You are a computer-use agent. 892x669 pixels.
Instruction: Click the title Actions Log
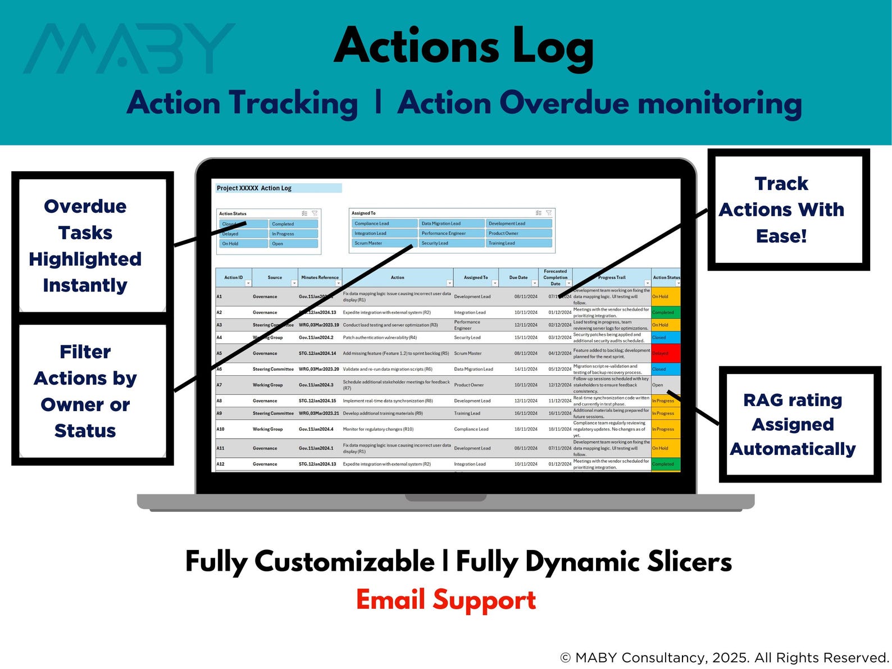point(464,46)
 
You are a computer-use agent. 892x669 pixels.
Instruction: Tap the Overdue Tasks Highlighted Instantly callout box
point(85,246)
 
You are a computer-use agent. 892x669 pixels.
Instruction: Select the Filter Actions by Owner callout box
point(85,391)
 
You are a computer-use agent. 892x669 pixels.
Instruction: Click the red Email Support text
point(446,600)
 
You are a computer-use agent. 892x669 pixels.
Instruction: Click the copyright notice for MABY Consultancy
point(725,657)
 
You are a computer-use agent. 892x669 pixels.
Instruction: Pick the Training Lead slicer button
point(518,243)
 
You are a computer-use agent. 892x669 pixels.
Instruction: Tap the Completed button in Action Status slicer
point(293,224)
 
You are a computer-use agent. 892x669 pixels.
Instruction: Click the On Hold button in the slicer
point(243,244)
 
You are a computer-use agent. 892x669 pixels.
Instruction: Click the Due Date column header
point(518,277)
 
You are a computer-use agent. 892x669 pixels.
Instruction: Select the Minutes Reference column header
point(320,277)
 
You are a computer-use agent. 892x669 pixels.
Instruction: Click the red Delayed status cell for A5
point(666,353)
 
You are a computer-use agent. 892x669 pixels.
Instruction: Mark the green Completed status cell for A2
point(666,312)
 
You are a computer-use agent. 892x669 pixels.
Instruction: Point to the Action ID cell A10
point(221,429)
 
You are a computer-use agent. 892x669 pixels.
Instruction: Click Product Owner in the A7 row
point(469,385)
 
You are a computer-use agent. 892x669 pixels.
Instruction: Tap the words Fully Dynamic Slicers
point(594,562)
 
